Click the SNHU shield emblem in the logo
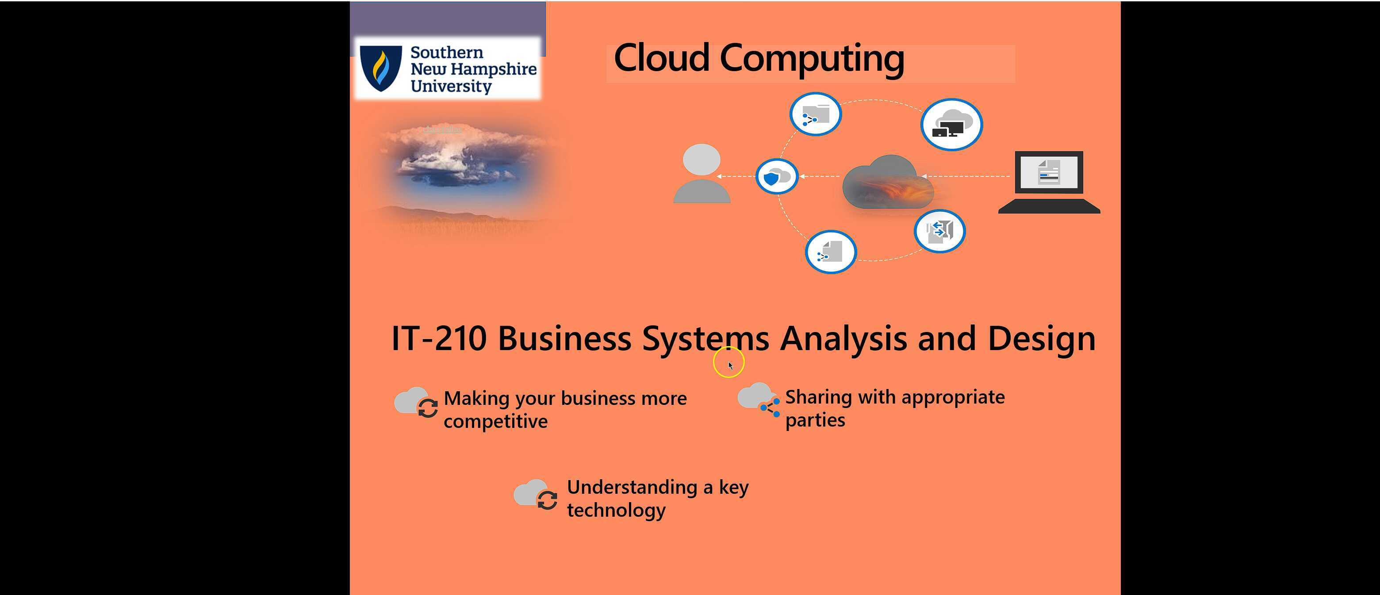380,68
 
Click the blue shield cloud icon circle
776,177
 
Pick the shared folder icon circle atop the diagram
815,114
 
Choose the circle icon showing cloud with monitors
951,125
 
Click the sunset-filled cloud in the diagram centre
888,183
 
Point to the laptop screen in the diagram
1048,172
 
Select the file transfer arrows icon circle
939,231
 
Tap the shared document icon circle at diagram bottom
830,252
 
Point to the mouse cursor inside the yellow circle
730,365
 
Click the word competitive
495,421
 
